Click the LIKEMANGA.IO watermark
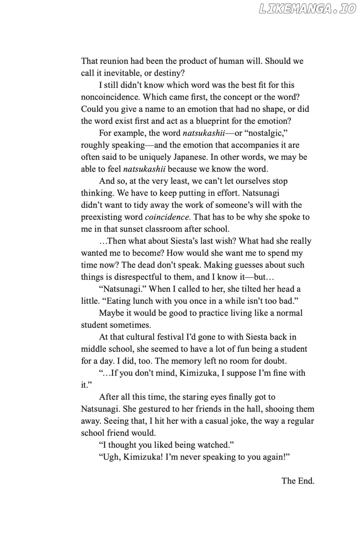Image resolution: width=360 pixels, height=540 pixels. pos(307,9)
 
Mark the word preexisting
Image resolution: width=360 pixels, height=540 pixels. pos(101,217)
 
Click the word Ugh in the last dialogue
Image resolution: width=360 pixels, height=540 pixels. pos(111,457)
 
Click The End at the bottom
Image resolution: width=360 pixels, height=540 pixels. pos(298,481)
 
